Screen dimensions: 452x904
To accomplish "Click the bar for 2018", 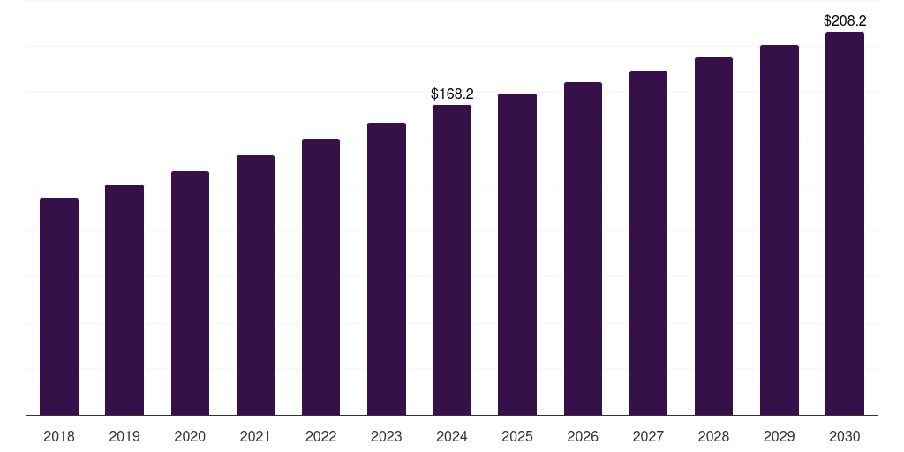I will point(59,306).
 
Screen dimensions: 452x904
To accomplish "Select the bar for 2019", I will point(124,300).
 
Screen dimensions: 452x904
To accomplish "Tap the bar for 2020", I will point(190,293).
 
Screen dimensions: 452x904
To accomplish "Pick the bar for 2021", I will point(255,285).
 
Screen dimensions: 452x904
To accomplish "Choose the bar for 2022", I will point(320,277).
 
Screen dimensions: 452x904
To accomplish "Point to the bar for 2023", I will point(387,269).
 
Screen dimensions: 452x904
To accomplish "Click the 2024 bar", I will point(452,260).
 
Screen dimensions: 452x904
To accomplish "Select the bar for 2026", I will point(583,249).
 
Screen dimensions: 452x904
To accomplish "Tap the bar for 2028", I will point(713,237).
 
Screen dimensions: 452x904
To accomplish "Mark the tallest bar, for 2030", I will point(845,223).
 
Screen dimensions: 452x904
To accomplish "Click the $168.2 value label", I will point(452,94).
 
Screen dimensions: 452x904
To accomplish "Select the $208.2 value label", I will point(845,20).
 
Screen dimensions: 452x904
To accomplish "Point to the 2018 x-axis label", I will point(59,436).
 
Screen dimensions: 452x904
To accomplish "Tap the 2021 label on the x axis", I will point(255,436).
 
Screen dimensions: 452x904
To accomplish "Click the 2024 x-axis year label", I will point(452,436).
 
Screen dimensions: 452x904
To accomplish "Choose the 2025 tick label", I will point(517,436).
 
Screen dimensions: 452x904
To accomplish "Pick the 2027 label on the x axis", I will point(648,436).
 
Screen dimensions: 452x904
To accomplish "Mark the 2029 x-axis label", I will point(780,436).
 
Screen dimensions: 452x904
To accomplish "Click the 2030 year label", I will point(845,436).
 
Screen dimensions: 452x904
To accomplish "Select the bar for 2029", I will point(780,230).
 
